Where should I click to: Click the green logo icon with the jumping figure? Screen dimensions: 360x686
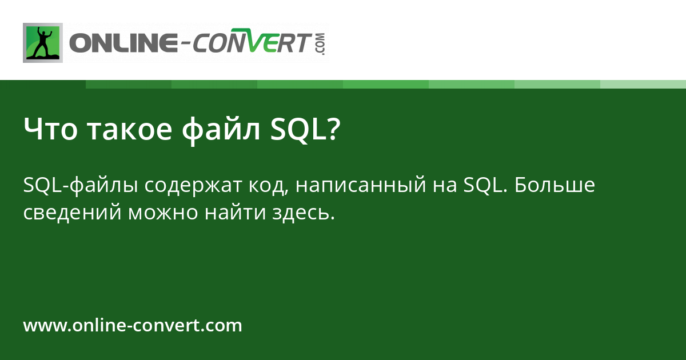[42, 43]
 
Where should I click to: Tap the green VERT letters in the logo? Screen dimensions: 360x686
[281, 43]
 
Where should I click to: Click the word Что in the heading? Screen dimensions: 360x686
[50, 129]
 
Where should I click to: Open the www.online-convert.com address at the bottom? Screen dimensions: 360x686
[133, 326]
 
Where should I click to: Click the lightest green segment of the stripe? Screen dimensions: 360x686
[643, 84]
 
